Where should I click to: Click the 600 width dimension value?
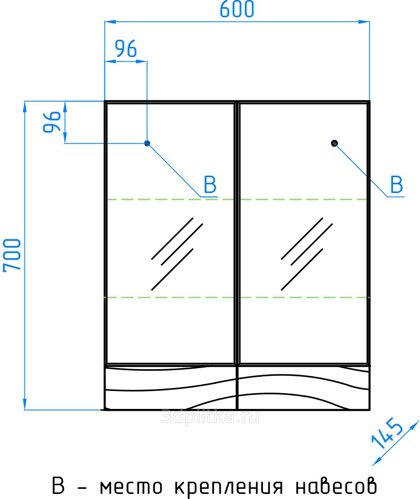tap(237, 9)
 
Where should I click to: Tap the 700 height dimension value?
tap(12, 255)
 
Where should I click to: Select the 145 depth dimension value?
tap(387, 433)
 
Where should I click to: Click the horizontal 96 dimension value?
tap(126, 49)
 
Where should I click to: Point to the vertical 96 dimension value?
tap(51, 122)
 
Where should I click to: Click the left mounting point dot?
tap(147, 143)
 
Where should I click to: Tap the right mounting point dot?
tap(334, 143)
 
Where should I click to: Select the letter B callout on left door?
tap(211, 184)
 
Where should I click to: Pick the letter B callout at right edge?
tap(397, 184)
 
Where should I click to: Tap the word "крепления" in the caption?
tap(228, 487)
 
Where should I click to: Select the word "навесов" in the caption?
tap(336, 486)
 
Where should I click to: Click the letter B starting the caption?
tap(58, 486)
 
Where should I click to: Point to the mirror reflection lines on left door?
tap(177, 254)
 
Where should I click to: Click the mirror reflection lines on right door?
tap(306, 254)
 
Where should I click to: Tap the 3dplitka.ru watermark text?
tap(210, 417)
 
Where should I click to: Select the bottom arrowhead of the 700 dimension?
tap(24, 404)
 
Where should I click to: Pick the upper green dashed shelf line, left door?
tap(170, 199)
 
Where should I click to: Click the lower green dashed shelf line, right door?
tap(304, 297)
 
